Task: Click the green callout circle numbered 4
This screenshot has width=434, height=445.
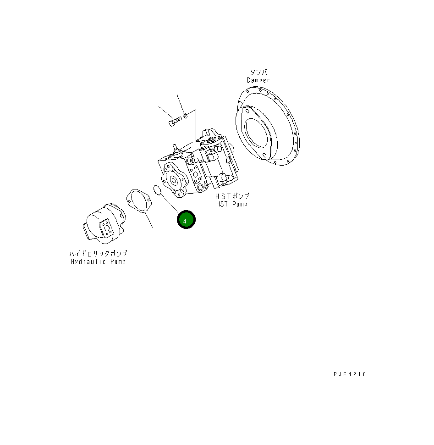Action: pyautogui.click(x=187, y=221)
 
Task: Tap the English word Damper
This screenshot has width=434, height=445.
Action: pyautogui.click(x=258, y=80)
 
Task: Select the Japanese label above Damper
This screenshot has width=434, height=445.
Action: pyautogui.click(x=259, y=72)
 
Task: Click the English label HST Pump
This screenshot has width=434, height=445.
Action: pyautogui.click(x=233, y=204)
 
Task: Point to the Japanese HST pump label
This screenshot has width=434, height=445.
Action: pyautogui.click(x=233, y=196)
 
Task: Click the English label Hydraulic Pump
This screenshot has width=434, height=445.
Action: pyautogui.click(x=98, y=261)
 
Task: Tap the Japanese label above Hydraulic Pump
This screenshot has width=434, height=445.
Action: pyautogui.click(x=98, y=253)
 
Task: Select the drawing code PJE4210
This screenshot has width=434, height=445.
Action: pyautogui.click(x=350, y=374)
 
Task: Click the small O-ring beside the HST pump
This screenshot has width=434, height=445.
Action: pyautogui.click(x=157, y=189)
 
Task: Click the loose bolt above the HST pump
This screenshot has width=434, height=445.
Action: pyautogui.click(x=174, y=122)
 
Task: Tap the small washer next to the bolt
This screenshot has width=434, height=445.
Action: pyautogui.click(x=184, y=114)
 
